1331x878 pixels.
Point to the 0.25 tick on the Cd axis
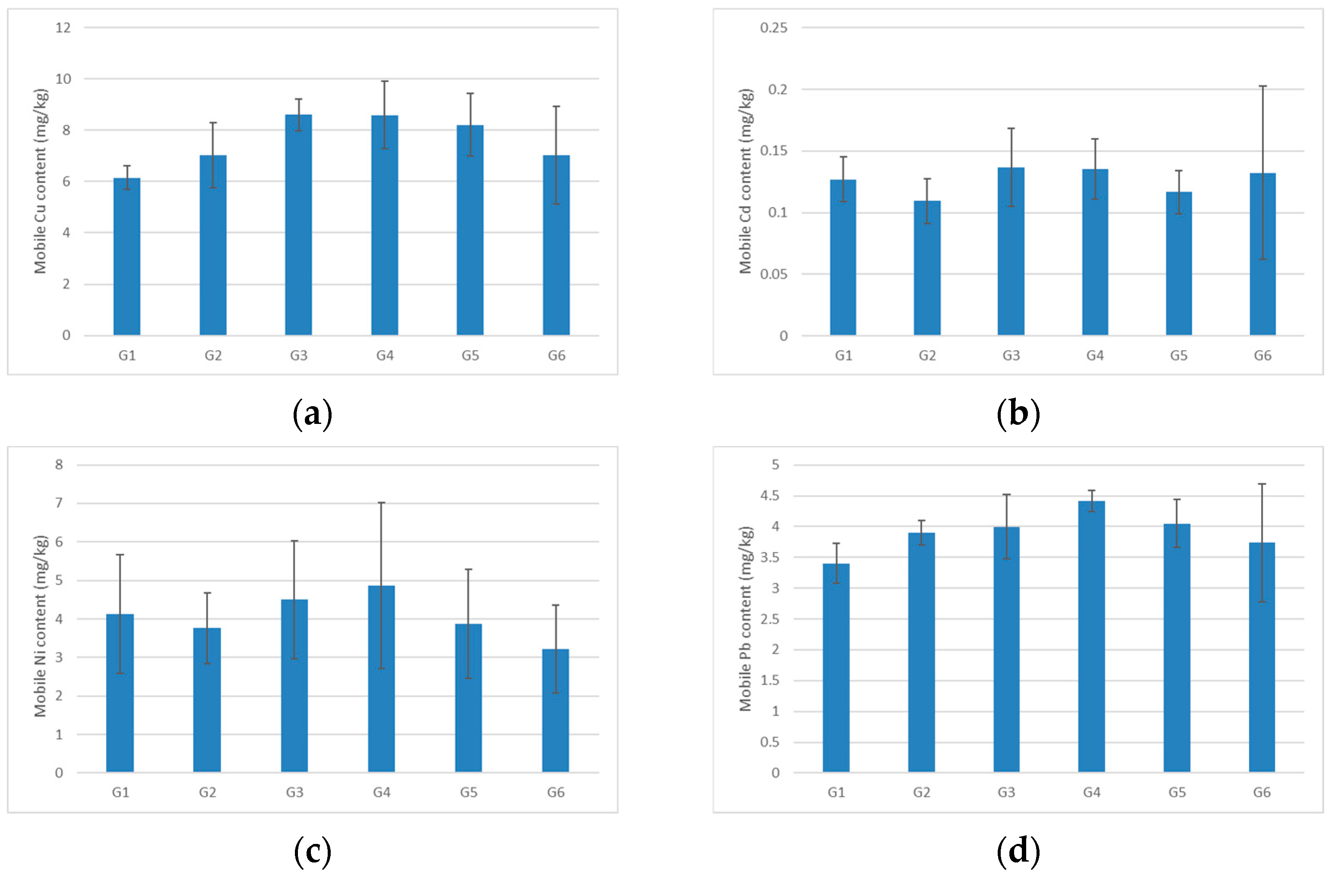pyautogui.click(x=773, y=28)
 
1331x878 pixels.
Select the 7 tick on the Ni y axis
pyautogui.click(x=59, y=503)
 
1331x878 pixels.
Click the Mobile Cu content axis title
pyautogui.click(x=40, y=181)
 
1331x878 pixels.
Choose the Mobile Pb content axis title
pyautogui.click(x=745, y=618)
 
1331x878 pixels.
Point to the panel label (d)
pyautogui.click(x=1018, y=851)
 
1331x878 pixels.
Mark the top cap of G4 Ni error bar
pyautogui.click(x=381, y=503)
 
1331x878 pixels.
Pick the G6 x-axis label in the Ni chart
pyautogui.click(x=555, y=792)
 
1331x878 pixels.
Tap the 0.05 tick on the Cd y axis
pyautogui.click(x=774, y=274)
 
